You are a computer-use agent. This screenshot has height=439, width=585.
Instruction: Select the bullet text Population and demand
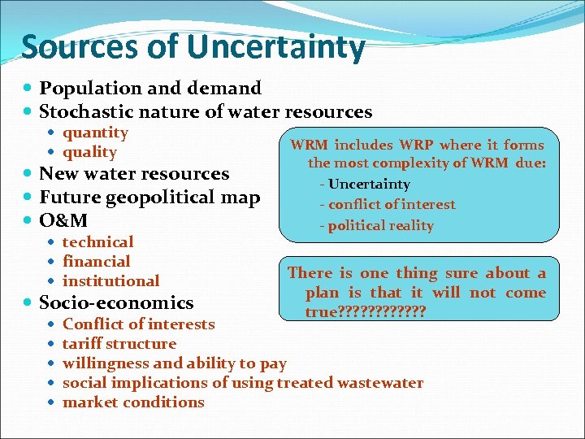tap(150, 88)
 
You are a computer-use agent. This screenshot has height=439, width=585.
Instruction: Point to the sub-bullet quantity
tap(95, 133)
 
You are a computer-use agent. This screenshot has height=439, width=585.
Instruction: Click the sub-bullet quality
tap(89, 152)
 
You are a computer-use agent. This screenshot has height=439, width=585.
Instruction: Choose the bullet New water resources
tap(134, 173)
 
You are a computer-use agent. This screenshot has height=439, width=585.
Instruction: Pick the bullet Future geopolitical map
tap(149, 197)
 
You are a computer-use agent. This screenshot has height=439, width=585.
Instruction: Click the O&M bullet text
tap(63, 220)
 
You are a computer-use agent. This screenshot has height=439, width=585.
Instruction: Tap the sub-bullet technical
tap(97, 241)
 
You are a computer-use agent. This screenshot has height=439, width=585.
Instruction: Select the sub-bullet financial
tap(96, 261)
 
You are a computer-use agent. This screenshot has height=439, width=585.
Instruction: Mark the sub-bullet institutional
tap(110, 280)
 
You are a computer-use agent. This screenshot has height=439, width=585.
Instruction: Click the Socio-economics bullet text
tap(116, 302)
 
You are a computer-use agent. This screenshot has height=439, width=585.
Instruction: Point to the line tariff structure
tap(119, 343)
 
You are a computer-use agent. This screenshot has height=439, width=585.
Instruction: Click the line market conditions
tap(133, 402)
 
